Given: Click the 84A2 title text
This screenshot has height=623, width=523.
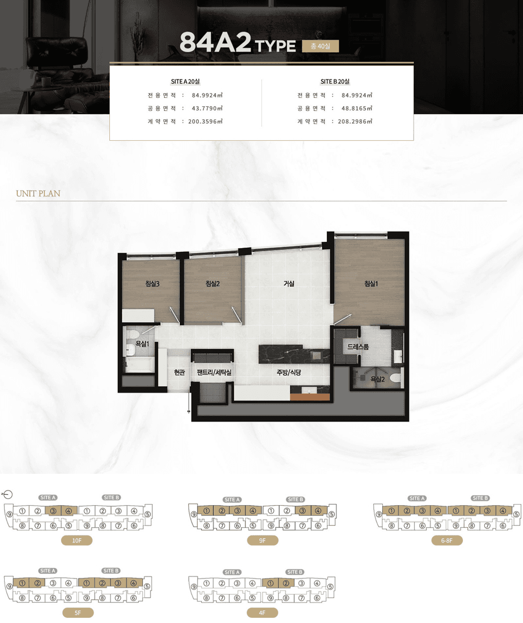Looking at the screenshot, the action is coord(215,42).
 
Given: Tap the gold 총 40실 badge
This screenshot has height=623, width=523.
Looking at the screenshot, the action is coord(320,46).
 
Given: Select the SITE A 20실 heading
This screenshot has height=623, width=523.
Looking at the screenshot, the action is coord(185,82).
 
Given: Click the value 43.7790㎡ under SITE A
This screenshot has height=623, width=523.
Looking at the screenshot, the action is coord(207,108).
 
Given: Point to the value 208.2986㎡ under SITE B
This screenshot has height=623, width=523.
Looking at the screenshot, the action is coord(355,121).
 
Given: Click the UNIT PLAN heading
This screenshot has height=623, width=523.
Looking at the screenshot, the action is coord(38,194).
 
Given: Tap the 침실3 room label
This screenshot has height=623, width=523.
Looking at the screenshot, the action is coord(152,284).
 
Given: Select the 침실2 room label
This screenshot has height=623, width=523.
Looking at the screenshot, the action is coord(213,283).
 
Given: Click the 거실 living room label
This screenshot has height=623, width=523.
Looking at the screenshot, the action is coord(289,283).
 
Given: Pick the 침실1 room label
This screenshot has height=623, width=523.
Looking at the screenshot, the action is coord(371,283).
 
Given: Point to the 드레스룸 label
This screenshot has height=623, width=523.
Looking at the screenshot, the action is coord(358,347).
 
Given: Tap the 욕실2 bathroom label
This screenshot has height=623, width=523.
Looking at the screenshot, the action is coord(378,379).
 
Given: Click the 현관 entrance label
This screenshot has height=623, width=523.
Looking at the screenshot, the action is coord(179,372).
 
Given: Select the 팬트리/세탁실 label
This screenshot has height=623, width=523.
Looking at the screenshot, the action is coord(214,372).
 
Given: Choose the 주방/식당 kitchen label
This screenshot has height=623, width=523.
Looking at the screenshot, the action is coord(289,372).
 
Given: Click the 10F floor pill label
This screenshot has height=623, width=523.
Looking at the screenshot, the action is coord(76,540).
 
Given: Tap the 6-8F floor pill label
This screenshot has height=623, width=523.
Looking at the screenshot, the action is coord(447,540).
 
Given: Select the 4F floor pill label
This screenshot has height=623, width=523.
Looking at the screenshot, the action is coord(263,613).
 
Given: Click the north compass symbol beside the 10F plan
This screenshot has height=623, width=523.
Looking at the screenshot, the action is coord(7,494).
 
